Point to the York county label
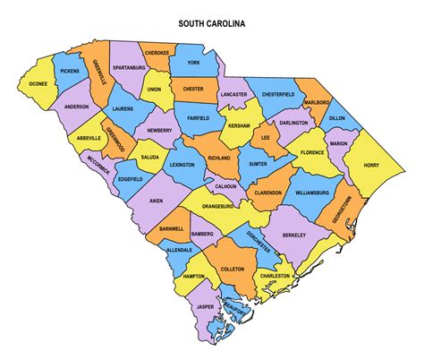click(194, 64)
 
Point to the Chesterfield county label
click(284, 94)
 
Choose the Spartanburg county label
click(130, 67)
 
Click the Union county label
click(154, 90)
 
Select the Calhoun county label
click(225, 186)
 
